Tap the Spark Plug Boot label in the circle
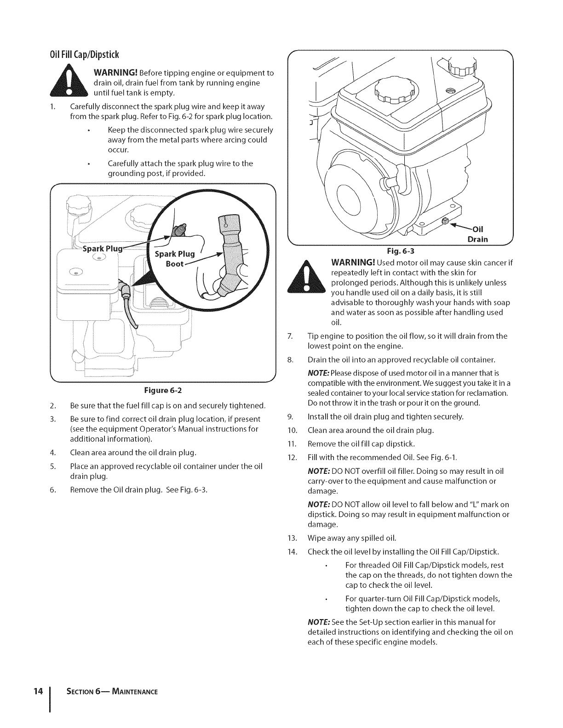tap(174, 259)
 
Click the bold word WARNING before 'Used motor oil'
tap(352, 263)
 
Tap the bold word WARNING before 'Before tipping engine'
tap(115, 73)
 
